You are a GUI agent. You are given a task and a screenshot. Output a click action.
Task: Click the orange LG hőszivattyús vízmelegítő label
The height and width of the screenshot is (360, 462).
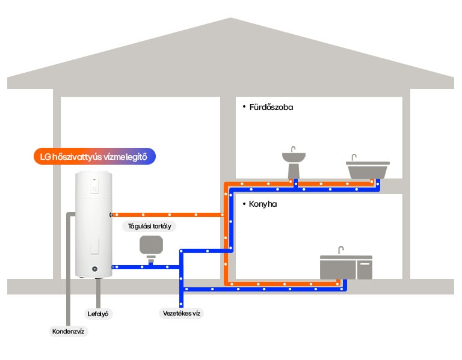pyautogui.click(x=94, y=157)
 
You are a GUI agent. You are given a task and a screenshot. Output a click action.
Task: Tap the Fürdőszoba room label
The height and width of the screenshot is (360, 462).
pyautogui.click(x=271, y=108)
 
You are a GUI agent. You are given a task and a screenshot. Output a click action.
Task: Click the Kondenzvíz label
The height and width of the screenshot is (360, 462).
pyautogui.click(x=69, y=331)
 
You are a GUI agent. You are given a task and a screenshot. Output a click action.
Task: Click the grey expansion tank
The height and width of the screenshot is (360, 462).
pyautogui.click(x=151, y=246)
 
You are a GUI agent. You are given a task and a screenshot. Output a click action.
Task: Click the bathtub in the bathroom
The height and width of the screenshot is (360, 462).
pyautogui.click(x=368, y=169)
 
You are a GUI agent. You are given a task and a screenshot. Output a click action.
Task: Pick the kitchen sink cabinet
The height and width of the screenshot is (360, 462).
pyautogui.click(x=345, y=267)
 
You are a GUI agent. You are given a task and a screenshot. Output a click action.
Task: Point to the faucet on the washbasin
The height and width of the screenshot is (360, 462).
pyautogui.click(x=293, y=148)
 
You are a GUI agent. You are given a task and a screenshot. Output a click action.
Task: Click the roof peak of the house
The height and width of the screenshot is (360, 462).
pyautogui.click(x=230, y=21)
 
